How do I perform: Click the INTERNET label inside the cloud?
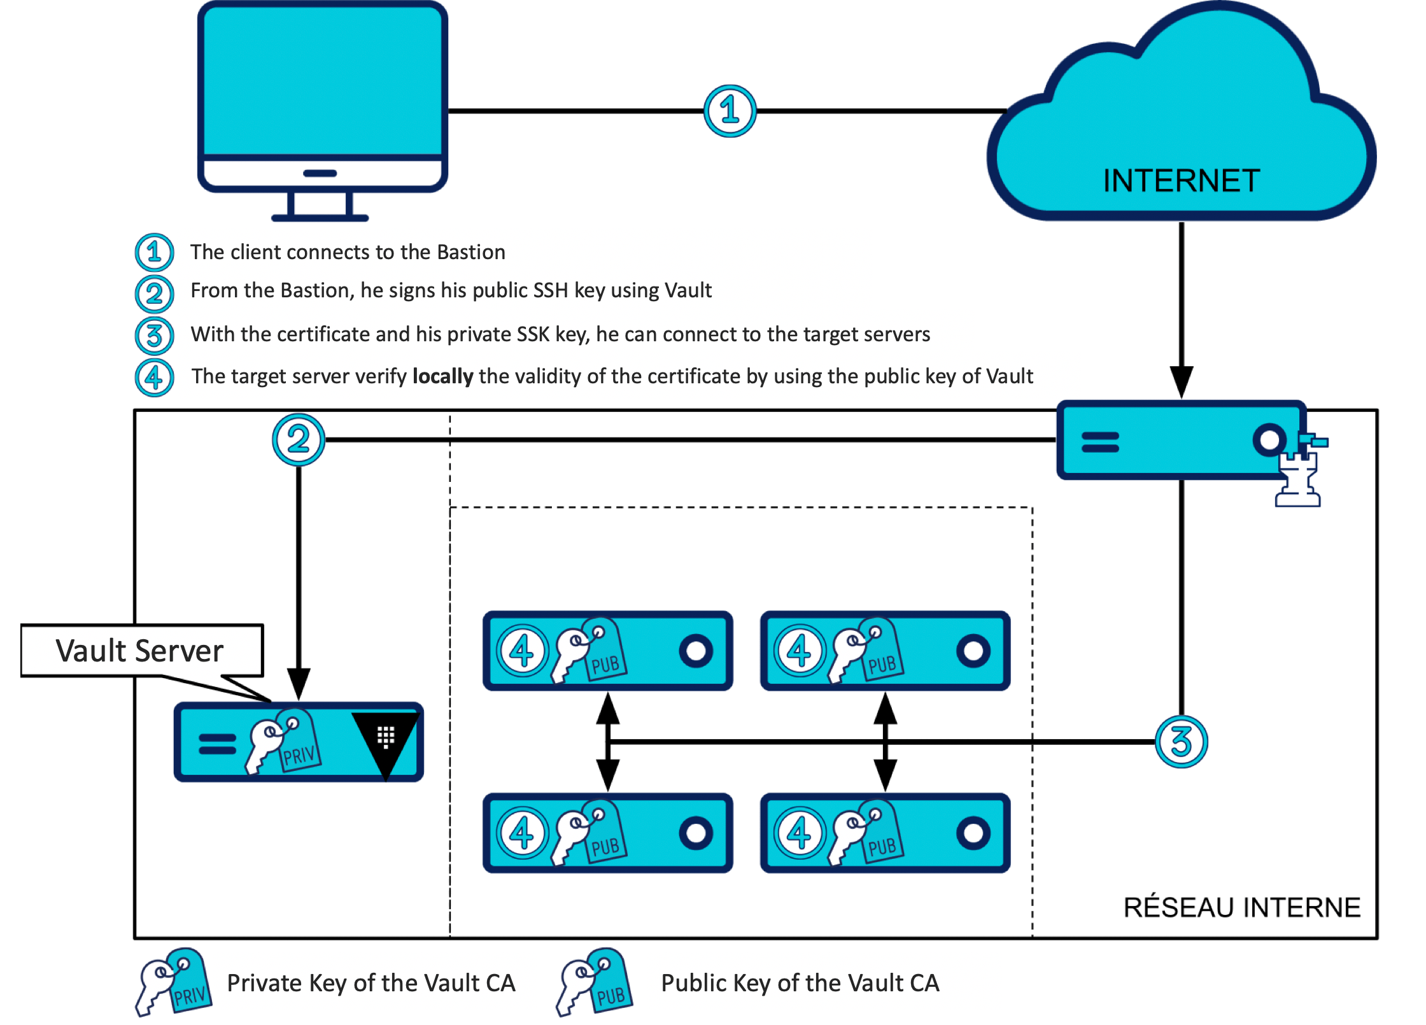point(1181,181)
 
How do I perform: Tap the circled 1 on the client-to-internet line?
point(730,111)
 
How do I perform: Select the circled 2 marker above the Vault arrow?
point(299,439)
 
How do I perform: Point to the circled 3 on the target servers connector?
point(1181,742)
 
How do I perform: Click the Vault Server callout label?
point(140,651)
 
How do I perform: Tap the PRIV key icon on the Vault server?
point(283,742)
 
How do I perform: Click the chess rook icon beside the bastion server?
point(1299,477)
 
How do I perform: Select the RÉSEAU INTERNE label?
point(1241,907)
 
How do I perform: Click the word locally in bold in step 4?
point(442,376)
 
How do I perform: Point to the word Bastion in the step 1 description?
point(470,252)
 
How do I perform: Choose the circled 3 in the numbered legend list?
point(154,336)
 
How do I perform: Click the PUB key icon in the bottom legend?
point(595,982)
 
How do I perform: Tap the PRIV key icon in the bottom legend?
point(173,982)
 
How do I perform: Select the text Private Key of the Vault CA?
point(371,983)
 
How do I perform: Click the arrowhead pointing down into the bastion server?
point(1182,382)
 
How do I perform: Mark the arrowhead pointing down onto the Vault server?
point(299,684)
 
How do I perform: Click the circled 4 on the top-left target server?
point(522,651)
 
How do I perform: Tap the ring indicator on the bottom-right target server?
point(973,833)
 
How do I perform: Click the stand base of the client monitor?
point(320,218)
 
